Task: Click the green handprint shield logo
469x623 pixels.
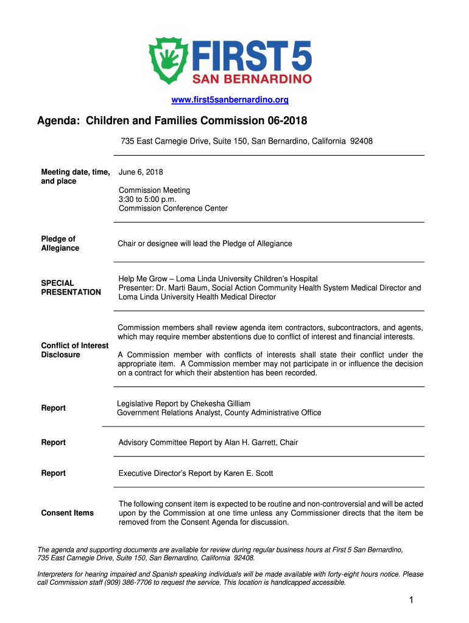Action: (x=170, y=60)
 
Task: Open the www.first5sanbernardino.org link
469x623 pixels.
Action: (x=234, y=99)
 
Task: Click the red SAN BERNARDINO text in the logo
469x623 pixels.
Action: (x=252, y=78)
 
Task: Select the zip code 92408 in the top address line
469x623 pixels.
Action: (x=361, y=141)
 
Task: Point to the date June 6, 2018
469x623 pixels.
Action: (x=141, y=172)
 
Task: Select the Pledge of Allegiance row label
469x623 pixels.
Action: (x=60, y=243)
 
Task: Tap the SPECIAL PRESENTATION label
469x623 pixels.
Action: (x=71, y=287)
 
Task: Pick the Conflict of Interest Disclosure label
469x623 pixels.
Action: (x=74, y=350)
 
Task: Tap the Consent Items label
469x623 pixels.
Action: (x=67, y=513)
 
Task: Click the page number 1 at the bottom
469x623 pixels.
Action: (x=412, y=601)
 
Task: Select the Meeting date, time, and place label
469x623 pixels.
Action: (x=74, y=176)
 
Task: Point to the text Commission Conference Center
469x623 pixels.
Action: (x=173, y=208)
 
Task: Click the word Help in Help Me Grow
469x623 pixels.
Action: (x=128, y=279)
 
